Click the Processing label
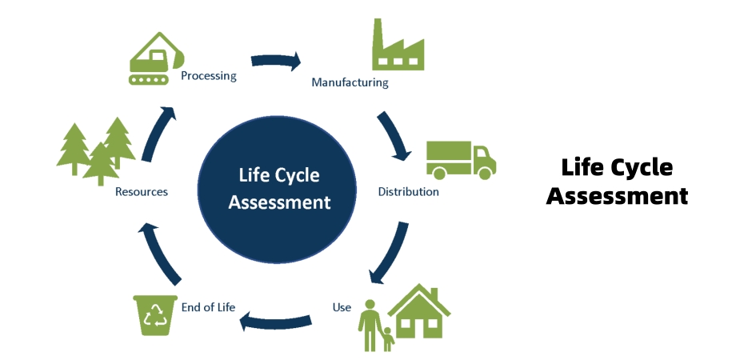coord(208,76)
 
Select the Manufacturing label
coord(350,82)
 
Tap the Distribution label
coord(408,192)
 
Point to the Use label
coord(342,307)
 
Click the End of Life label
coord(208,307)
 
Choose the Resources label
coord(141,192)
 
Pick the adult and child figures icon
coord(375,326)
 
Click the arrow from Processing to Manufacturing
coord(276,61)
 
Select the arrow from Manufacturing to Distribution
coord(394,135)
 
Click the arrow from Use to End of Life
coord(276,322)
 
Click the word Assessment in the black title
coord(617,195)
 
